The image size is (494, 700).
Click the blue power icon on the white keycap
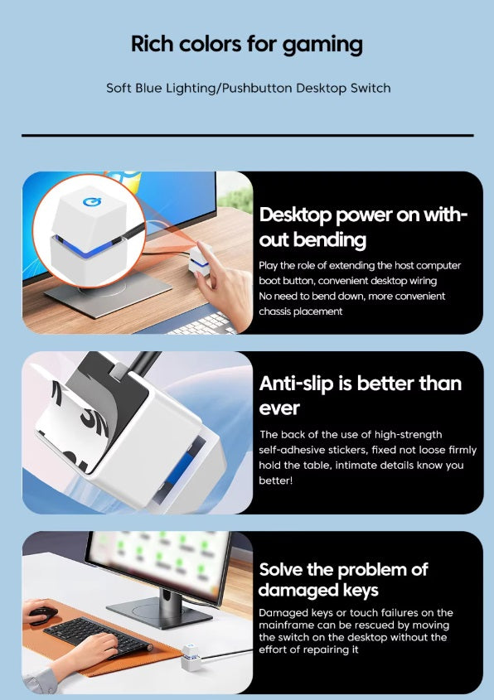(x=91, y=202)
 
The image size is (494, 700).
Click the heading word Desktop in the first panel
(x=295, y=215)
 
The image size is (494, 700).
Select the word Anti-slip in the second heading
(x=296, y=384)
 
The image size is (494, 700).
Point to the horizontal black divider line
(x=248, y=135)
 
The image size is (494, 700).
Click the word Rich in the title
(x=152, y=44)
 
